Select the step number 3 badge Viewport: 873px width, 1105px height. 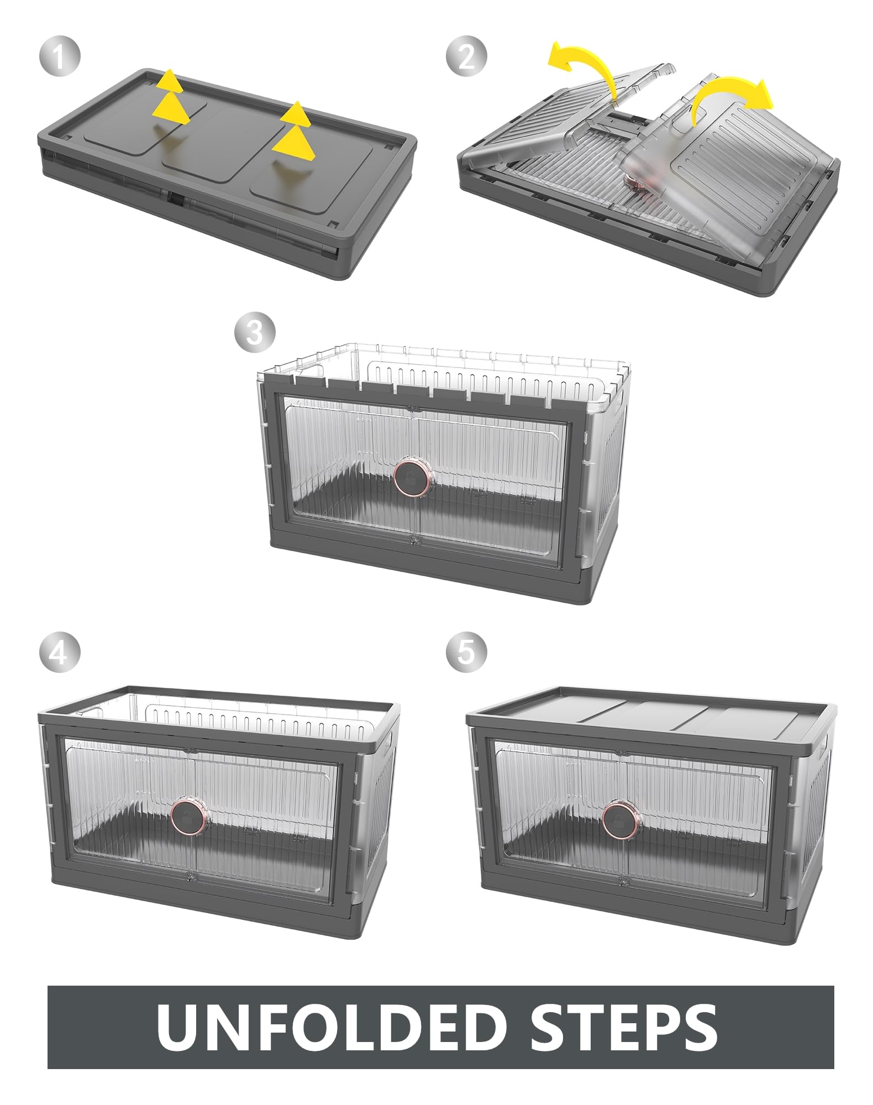tap(255, 333)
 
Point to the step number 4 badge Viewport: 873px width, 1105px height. tap(60, 654)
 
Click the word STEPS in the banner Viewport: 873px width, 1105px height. tap(624, 1027)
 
